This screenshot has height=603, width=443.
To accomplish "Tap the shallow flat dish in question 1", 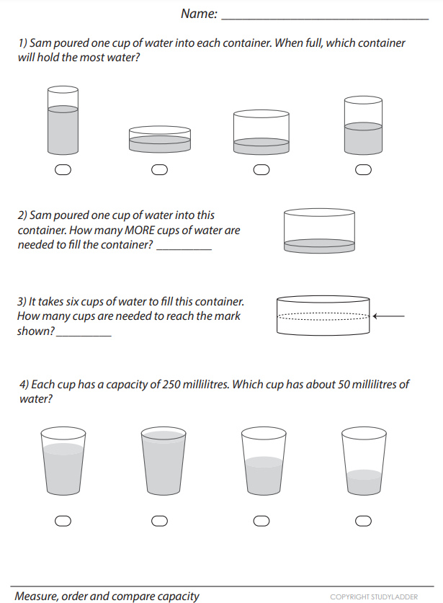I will coord(159,139).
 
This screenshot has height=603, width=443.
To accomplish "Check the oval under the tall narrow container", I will coord(63,169).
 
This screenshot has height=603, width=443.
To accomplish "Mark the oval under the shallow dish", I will coord(159,170).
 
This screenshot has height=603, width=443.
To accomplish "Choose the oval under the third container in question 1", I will coord(261,170).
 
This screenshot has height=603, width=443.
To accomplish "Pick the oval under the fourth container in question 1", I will coord(364,170).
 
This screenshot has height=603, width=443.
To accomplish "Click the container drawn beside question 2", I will coord(319,231).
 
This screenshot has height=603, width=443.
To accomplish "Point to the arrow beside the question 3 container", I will coord(390,316).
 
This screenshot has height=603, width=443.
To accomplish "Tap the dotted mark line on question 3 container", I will coord(322,316).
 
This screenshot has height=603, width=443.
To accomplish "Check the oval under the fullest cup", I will coord(160,521).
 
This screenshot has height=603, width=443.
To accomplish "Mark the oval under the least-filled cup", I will coord(364,521).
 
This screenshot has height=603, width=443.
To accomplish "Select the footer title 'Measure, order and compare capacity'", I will coord(107,596).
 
